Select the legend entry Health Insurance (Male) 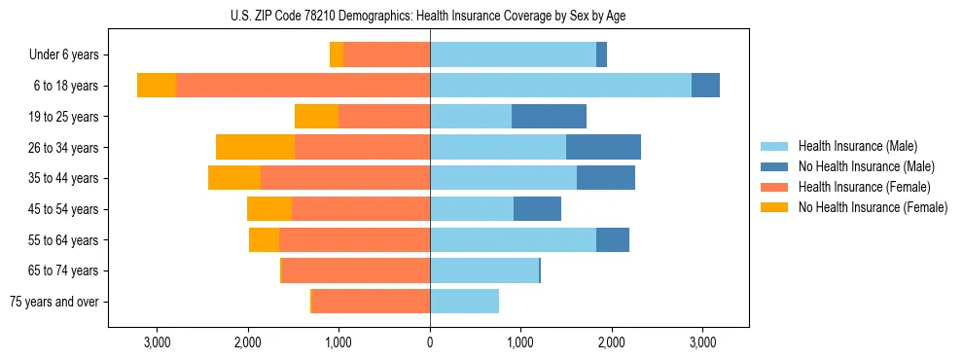pos(857,146)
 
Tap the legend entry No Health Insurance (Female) pos(872,207)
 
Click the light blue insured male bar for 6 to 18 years pos(560,86)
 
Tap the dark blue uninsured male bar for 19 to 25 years pos(549,117)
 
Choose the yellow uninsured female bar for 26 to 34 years pos(255,148)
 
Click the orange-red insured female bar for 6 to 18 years pos(303,86)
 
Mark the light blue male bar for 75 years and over pos(464,302)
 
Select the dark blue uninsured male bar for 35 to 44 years pos(605,178)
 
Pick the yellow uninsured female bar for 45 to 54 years pos(269,209)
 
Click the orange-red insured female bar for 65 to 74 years pos(356,270)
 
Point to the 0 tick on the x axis pos(429,342)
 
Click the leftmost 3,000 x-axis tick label pos(158,342)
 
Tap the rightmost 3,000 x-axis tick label pos(702,342)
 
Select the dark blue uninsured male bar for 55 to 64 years pos(613,240)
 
